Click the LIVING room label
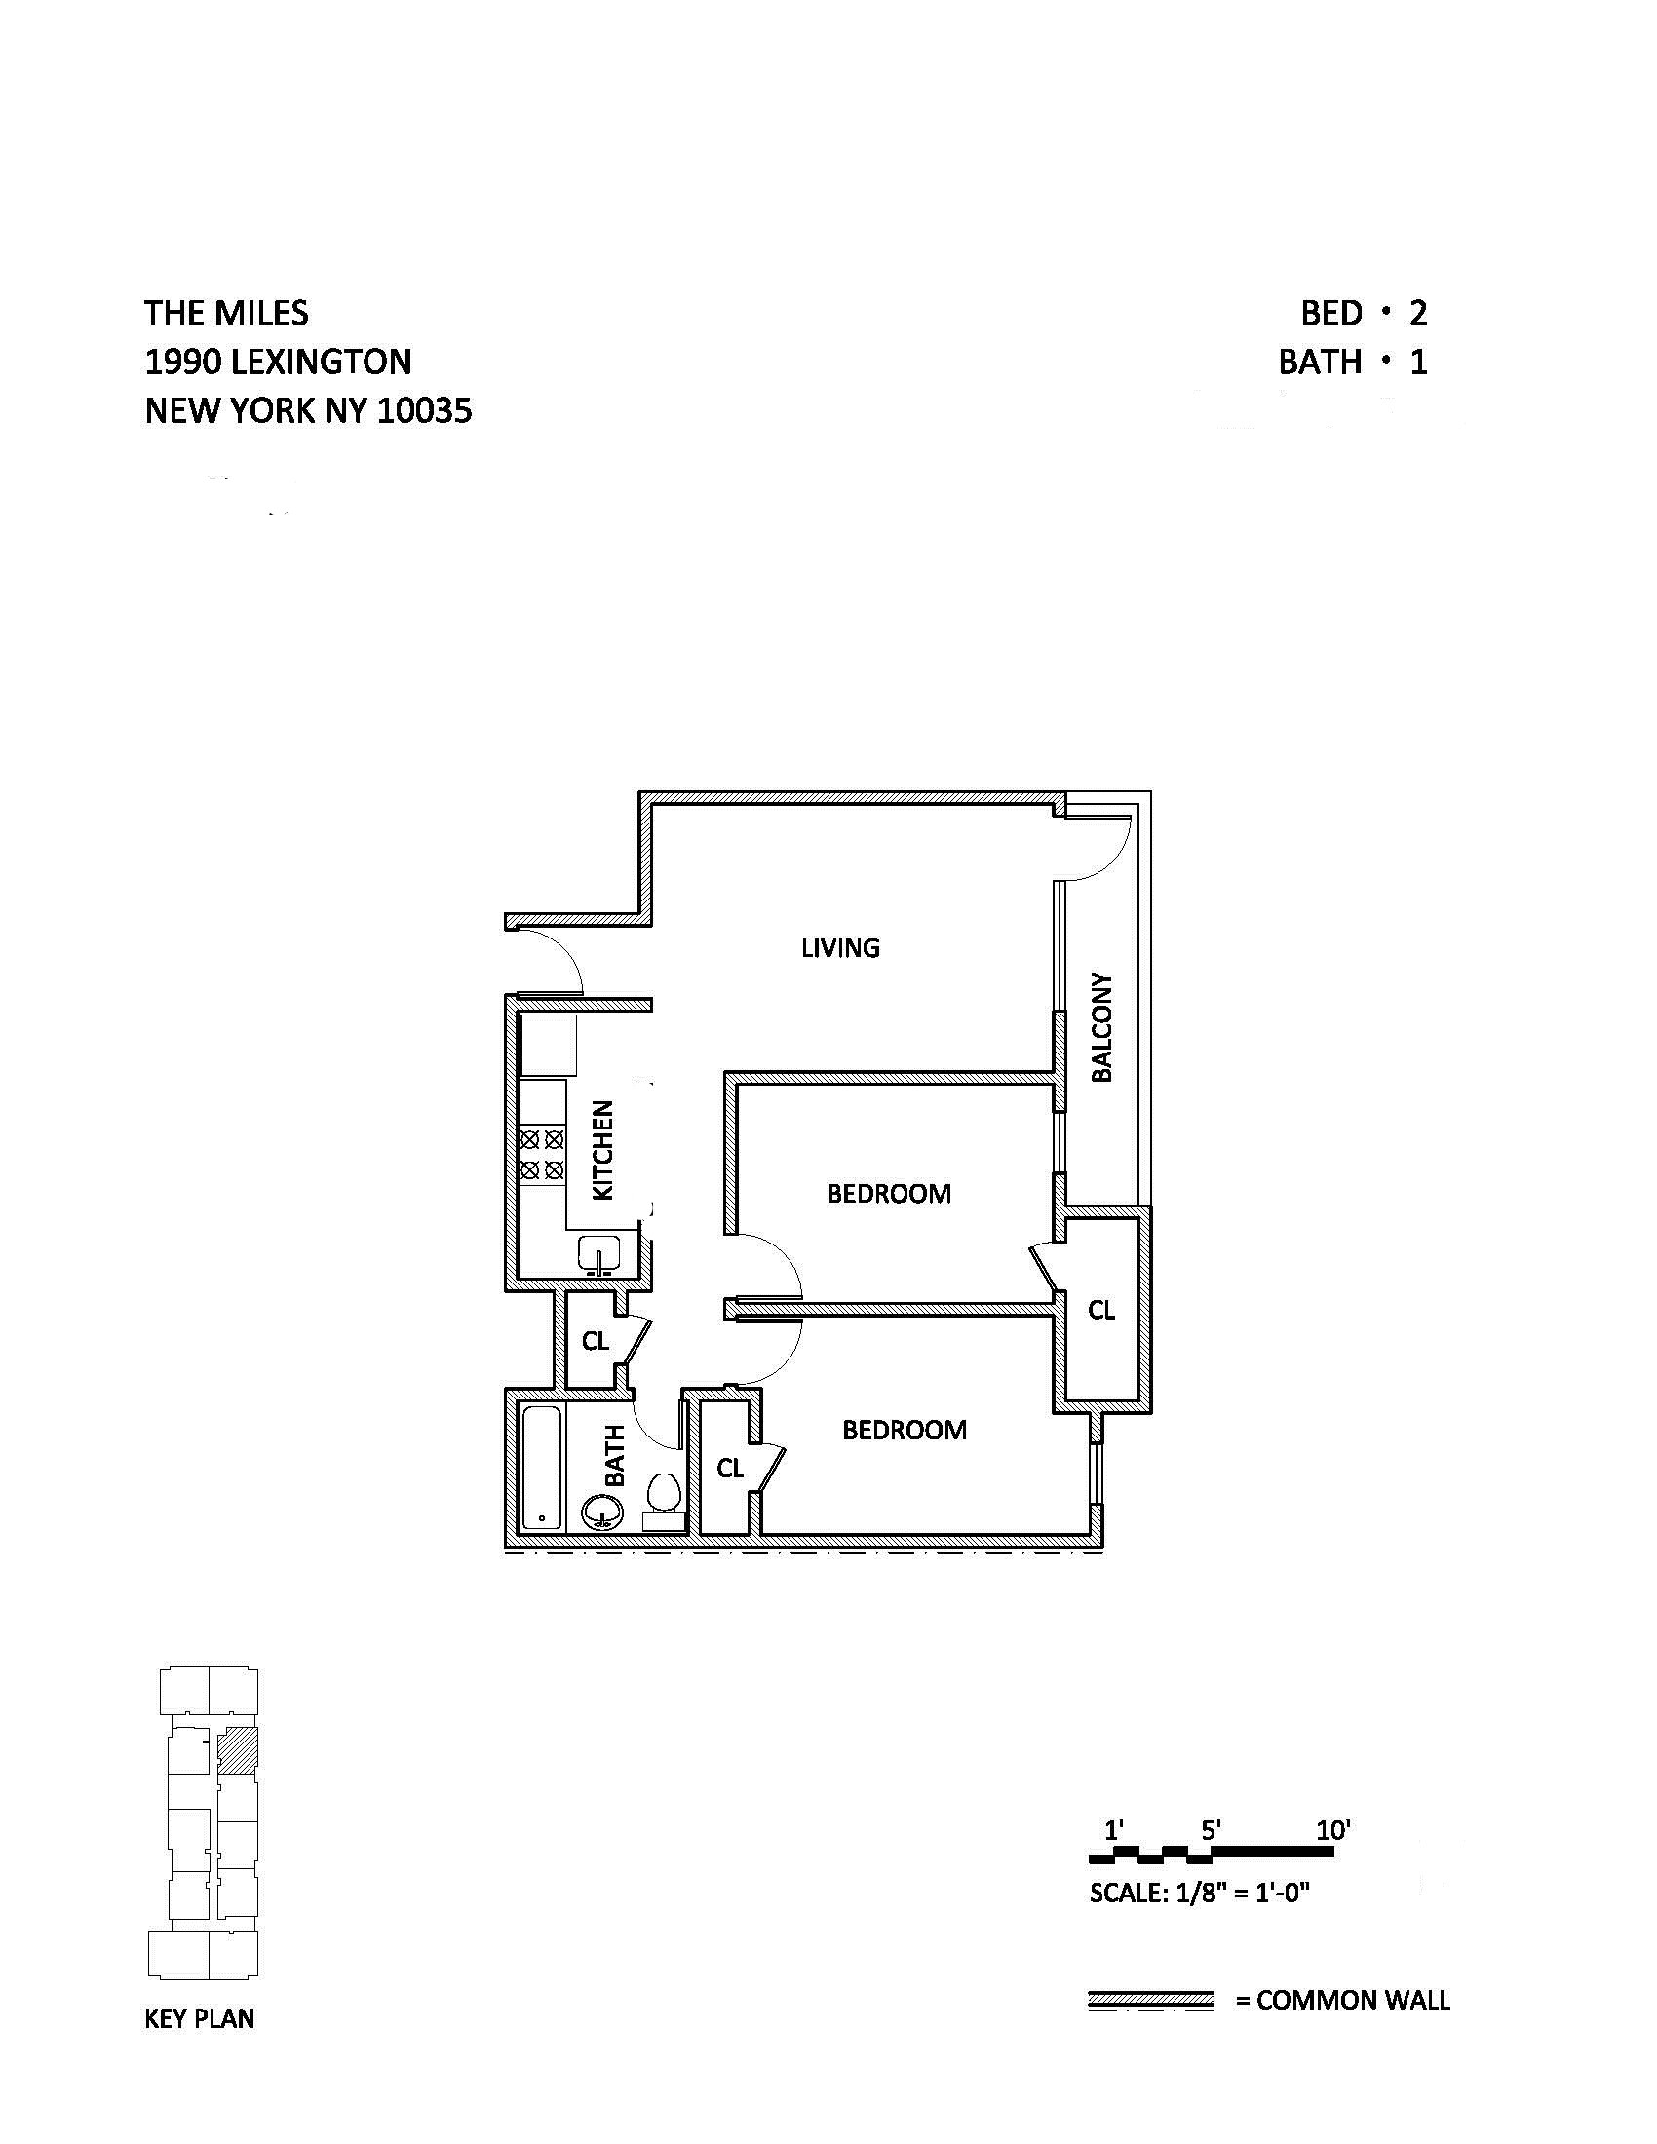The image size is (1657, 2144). pyautogui.click(x=840, y=947)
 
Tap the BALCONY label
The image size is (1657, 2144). pyautogui.click(x=1102, y=1028)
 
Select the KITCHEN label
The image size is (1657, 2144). pyautogui.click(x=602, y=1150)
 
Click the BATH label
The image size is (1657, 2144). pyautogui.click(x=614, y=1455)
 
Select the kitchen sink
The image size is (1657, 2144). pyautogui.click(x=597, y=1254)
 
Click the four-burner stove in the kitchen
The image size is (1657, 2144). pyautogui.click(x=542, y=1155)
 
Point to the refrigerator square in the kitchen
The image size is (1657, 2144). pyautogui.click(x=548, y=1046)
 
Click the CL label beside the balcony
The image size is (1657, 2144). pyautogui.click(x=1101, y=1310)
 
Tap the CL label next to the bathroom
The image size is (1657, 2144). pyautogui.click(x=730, y=1469)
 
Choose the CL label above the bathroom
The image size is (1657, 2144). pyautogui.click(x=595, y=1341)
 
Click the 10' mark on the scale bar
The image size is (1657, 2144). pyautogui.click(x=1333, y=1831)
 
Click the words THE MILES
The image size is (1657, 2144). pyautogui.click(x=227, y=313)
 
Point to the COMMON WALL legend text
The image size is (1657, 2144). pyautogui.click(x=1353, y=2000)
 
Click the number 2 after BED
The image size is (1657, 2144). pyautogui.click(x=1417, y=313)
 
